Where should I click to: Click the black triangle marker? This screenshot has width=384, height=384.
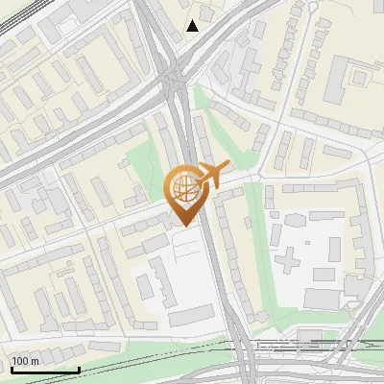click(193, 25)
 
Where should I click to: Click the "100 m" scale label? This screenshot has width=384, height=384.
click(25, 361)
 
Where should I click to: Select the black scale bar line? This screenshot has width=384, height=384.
click(44, 370)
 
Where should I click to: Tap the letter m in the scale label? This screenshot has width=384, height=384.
click(35, 361)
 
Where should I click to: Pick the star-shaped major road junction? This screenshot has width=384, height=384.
click(174, 77)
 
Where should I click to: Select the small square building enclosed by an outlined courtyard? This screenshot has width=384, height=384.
click(360, 75)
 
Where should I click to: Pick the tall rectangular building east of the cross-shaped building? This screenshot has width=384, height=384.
click(334, 249)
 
